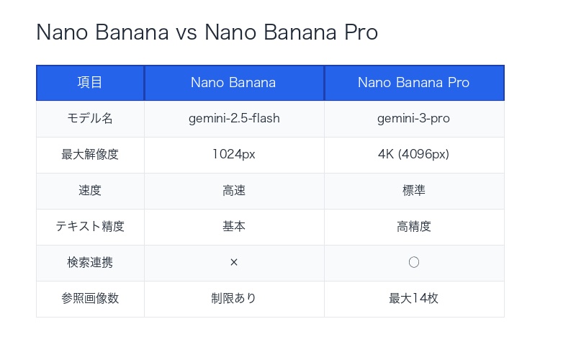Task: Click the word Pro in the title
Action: pos(361,32)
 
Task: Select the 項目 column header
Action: pos(90,83)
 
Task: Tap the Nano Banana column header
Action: pos(233,83)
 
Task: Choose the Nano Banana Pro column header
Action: pos(413,83)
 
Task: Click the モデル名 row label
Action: pos(90,119)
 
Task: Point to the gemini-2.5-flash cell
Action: pos(233,119)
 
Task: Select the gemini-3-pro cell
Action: pos(413,119)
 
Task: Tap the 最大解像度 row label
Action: pos(90,155)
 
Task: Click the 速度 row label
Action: pos(90,191)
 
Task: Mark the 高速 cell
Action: pos(233,191)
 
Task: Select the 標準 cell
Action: pos(413,191)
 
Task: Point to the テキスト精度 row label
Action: pos(90,227)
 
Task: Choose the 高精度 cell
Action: pos(413,227)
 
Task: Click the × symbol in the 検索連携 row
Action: pos(233,263)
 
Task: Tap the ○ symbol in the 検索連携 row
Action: pos(413,263)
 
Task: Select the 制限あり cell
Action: pos(233,299)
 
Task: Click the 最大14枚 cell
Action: pos(413,299)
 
